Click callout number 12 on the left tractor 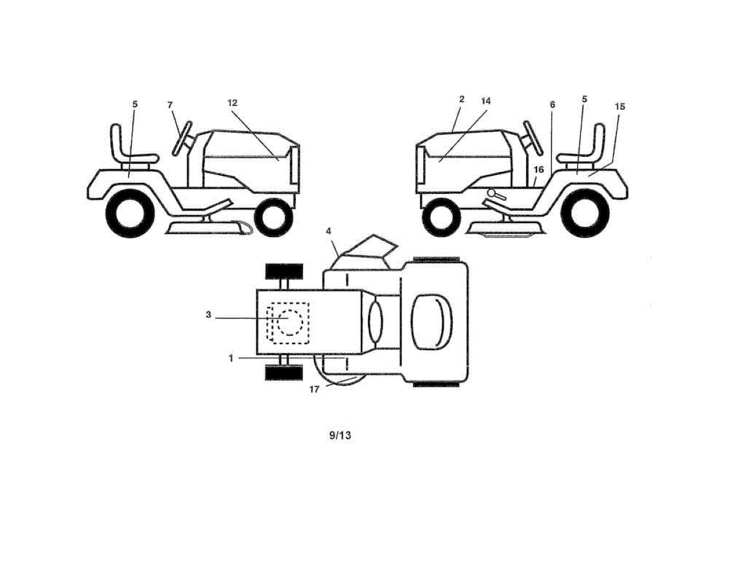click(x=233, y=103)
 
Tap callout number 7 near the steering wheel click(x=171, y=105)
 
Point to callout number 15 click(x=620, y=106)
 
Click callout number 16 click(x=538, y=170)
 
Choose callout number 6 click(x=552, y=105)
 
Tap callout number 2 click(x=462, y=98)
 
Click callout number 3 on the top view click(x=208, y=315)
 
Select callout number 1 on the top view click(x=231, y=359)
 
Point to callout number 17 click(x=314, y=390)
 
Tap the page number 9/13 click(x=340, y=435)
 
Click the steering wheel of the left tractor click(x=182, y=137)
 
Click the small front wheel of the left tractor click(x=273, y=218)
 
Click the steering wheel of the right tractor click(x=532, y=137)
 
